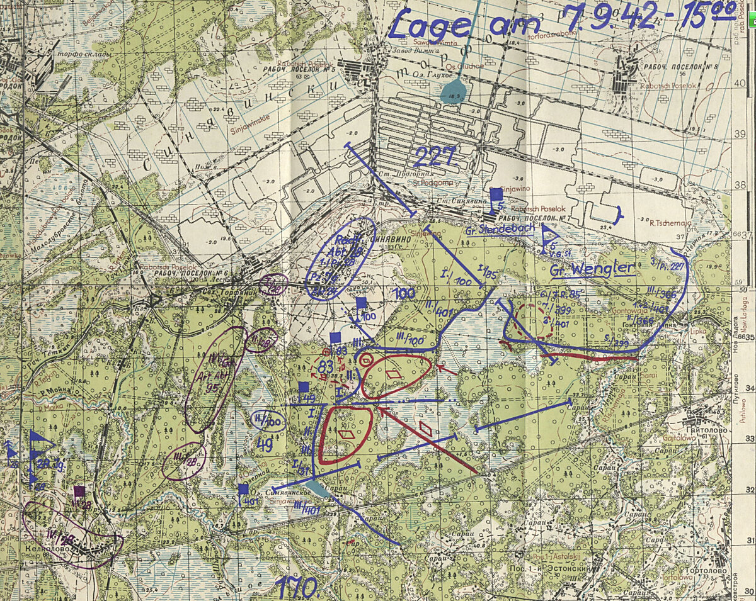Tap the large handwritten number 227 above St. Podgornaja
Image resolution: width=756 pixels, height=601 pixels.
tap(435, 157)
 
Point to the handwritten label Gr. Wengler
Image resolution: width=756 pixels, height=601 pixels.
tap(591, 270)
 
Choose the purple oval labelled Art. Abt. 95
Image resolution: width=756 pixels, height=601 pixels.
tap(215, 379)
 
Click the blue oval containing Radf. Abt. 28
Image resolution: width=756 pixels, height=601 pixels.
tap(341, 259)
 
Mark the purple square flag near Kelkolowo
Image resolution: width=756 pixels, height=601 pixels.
tap(79, 491)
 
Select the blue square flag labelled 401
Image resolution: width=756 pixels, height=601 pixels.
tap(243, 489)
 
